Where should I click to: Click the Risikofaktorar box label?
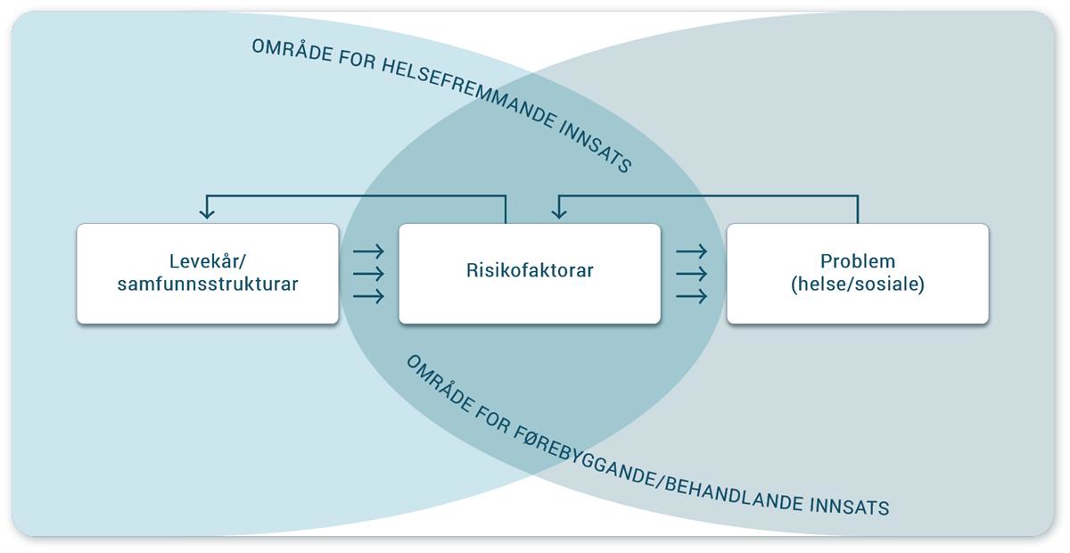[x=529, y=270]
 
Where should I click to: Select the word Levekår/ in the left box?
[x=207, y=261]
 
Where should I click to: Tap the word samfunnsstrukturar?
[x=208, y=285]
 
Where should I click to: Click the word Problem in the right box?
[x=857, y=261]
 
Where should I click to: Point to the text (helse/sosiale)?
[x=857, y=285]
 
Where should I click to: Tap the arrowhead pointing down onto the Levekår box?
[x=207, y=212]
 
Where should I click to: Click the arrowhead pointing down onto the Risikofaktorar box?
[x=559, y=212]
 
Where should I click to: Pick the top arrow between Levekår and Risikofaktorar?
[x=369, y=252]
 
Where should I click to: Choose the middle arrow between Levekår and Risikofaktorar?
[x=369, y=274]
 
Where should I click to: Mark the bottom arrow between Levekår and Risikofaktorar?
[x=369, y=296]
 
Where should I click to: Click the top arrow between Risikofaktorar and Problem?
[x=692, y=252]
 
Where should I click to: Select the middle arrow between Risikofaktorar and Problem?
[x=692, y=274]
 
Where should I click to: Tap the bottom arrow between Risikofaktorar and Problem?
[x=692, y=296]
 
